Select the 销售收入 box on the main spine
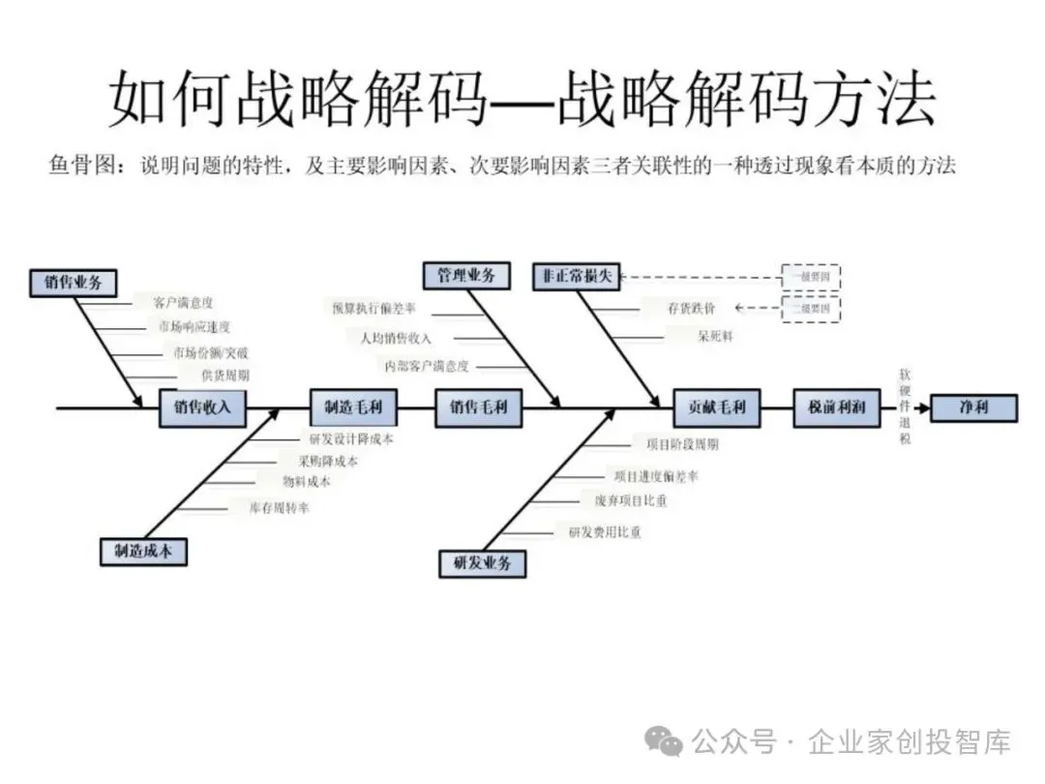pos(203,407)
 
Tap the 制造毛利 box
pos(353,407)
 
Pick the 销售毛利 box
pos(478,407)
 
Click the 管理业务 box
pos(466,276)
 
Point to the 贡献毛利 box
pos(717,407)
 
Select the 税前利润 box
pos(837,407)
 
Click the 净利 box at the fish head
pos(973,407)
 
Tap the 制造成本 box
pos(143,551)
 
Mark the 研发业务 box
pos(482,562)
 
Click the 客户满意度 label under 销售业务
pos(184,303)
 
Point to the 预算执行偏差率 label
pos(374,309)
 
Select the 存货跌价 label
pos(691,309)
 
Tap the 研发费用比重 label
pos(604,532)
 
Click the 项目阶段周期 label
pos(682,444)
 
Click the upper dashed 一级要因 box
pos(810,277)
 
